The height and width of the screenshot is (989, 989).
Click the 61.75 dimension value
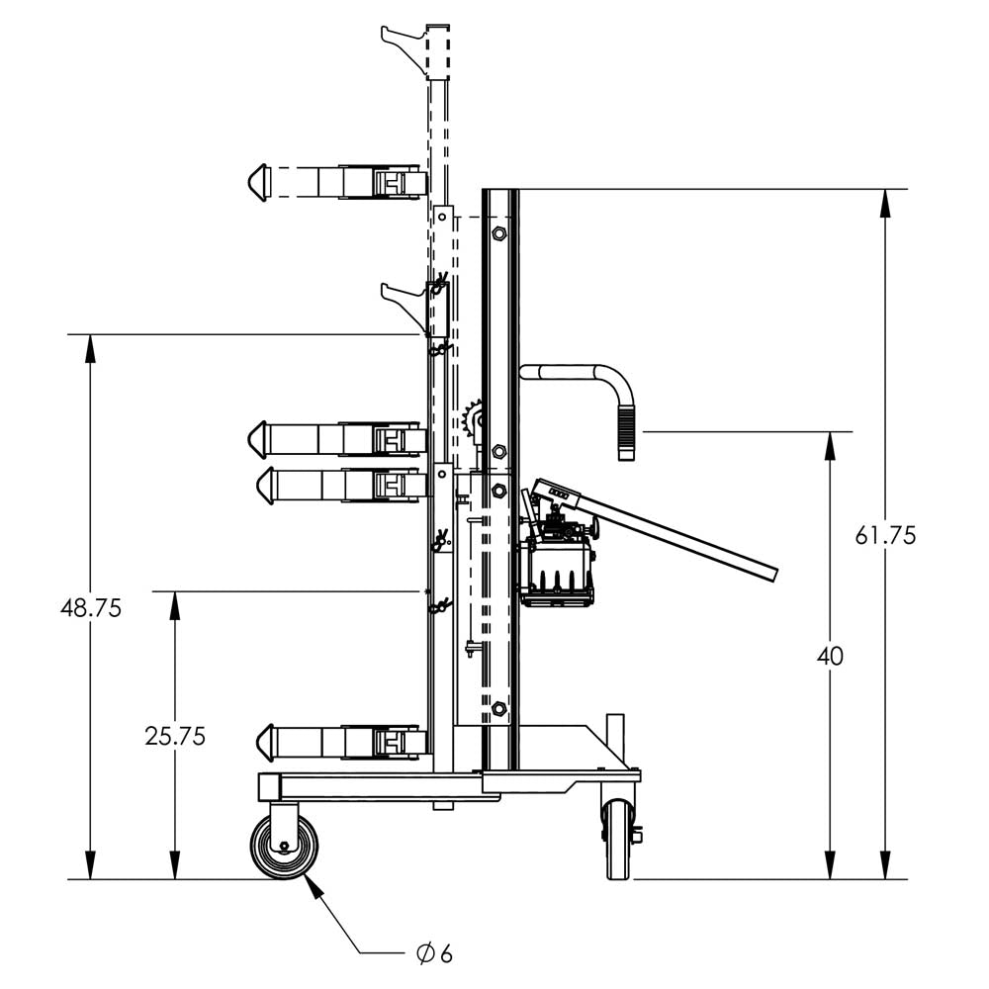tap(885, 535)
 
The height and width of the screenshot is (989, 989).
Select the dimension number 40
tap(831, 656)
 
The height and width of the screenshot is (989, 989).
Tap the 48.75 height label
tap(91, 608)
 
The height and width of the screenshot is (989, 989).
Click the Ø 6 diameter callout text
tap(434, 953)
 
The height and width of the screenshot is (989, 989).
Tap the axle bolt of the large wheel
tap(285, 848)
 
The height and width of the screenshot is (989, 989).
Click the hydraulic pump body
tap(556, 564)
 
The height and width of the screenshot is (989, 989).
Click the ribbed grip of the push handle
tap(626, 435)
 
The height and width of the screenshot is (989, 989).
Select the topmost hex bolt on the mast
tap(498, 233)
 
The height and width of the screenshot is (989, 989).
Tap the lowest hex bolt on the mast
tap(498, 709)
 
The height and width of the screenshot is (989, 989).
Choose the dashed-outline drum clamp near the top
tap(336, 183)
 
